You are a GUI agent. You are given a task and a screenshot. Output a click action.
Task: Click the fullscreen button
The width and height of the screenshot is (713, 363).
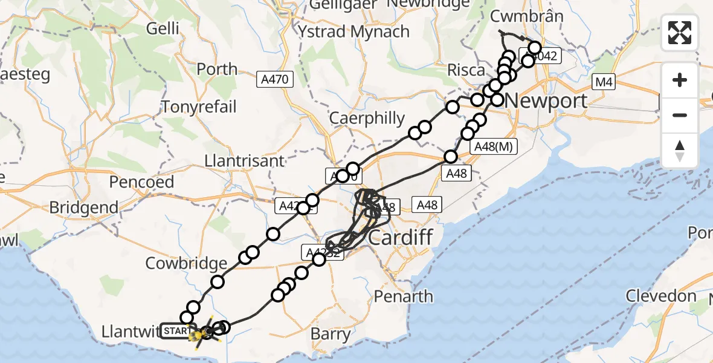[x=680, y=33]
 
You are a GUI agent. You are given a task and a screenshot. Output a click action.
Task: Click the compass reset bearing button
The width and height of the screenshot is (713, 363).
[x=680, y=150]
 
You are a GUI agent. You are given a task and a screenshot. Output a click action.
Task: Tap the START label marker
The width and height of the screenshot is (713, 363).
[x=175, y=331]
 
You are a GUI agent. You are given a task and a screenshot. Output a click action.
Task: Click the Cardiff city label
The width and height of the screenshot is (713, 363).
[x=401, y=237]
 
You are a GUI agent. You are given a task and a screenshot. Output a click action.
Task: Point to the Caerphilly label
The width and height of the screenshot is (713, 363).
[x=367, y=118]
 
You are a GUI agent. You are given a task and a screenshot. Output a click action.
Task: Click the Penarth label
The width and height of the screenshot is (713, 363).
[x=403, y=296]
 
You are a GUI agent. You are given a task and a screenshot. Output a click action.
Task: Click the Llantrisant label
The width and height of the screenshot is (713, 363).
[x=245, y=162]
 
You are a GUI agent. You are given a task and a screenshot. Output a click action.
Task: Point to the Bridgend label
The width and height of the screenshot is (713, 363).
[x=84, y=207]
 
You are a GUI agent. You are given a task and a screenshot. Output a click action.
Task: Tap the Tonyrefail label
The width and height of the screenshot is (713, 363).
[x=199, y=107]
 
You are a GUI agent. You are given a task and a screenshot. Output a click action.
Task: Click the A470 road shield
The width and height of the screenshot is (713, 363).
[x=274, y=79]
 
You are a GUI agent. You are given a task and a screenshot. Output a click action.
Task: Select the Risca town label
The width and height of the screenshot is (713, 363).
[x=465, y=70]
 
